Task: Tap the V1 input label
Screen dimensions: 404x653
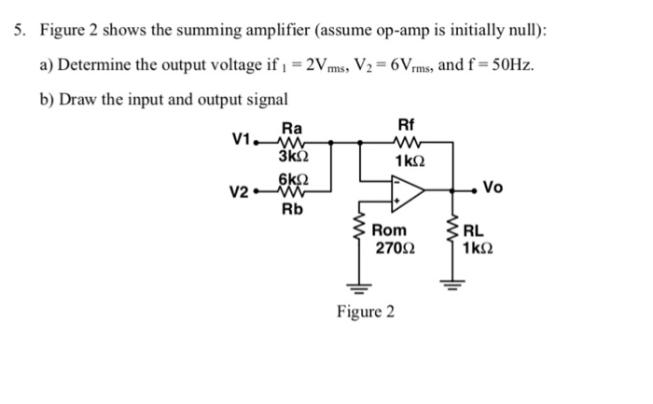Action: (x=242, y=141)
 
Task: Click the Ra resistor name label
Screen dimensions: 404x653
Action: (x=292, y=127)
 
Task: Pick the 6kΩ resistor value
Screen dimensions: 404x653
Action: (x=293, y=178)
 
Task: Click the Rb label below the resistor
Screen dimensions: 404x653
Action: (x=293, y=210)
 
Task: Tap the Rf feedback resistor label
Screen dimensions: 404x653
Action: (x=406, y=125)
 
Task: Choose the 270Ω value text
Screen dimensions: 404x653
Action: (x=392, y=249)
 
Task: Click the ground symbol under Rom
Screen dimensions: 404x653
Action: (x=355, y=287)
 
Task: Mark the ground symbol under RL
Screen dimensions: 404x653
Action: (x=454, y=287)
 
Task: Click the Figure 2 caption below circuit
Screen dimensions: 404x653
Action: (x=366, y=311)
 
